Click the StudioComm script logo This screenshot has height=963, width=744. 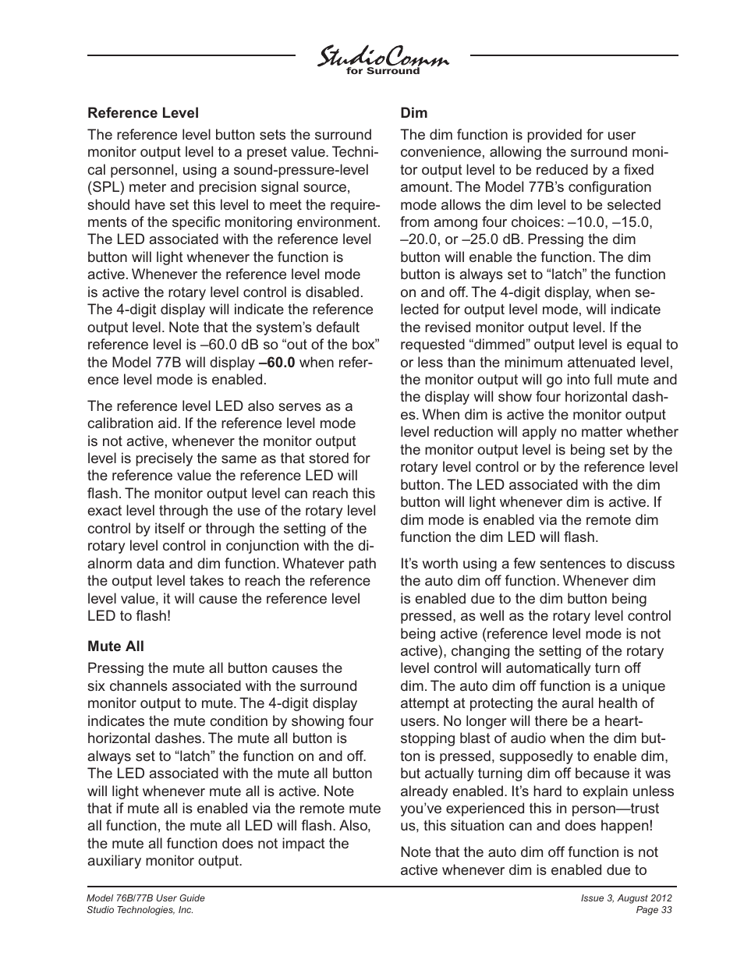pos(382,57)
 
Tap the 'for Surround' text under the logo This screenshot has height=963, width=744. pos(382,71)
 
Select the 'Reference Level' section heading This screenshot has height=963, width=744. pos(143,112)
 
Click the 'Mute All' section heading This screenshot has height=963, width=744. pos(115,646)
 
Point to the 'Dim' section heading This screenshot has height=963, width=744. pos(413,112)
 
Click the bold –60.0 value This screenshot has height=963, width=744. pos(278,363)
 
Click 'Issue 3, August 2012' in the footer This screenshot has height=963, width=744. pos(626,898)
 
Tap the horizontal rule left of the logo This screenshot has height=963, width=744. pos(191,55)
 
